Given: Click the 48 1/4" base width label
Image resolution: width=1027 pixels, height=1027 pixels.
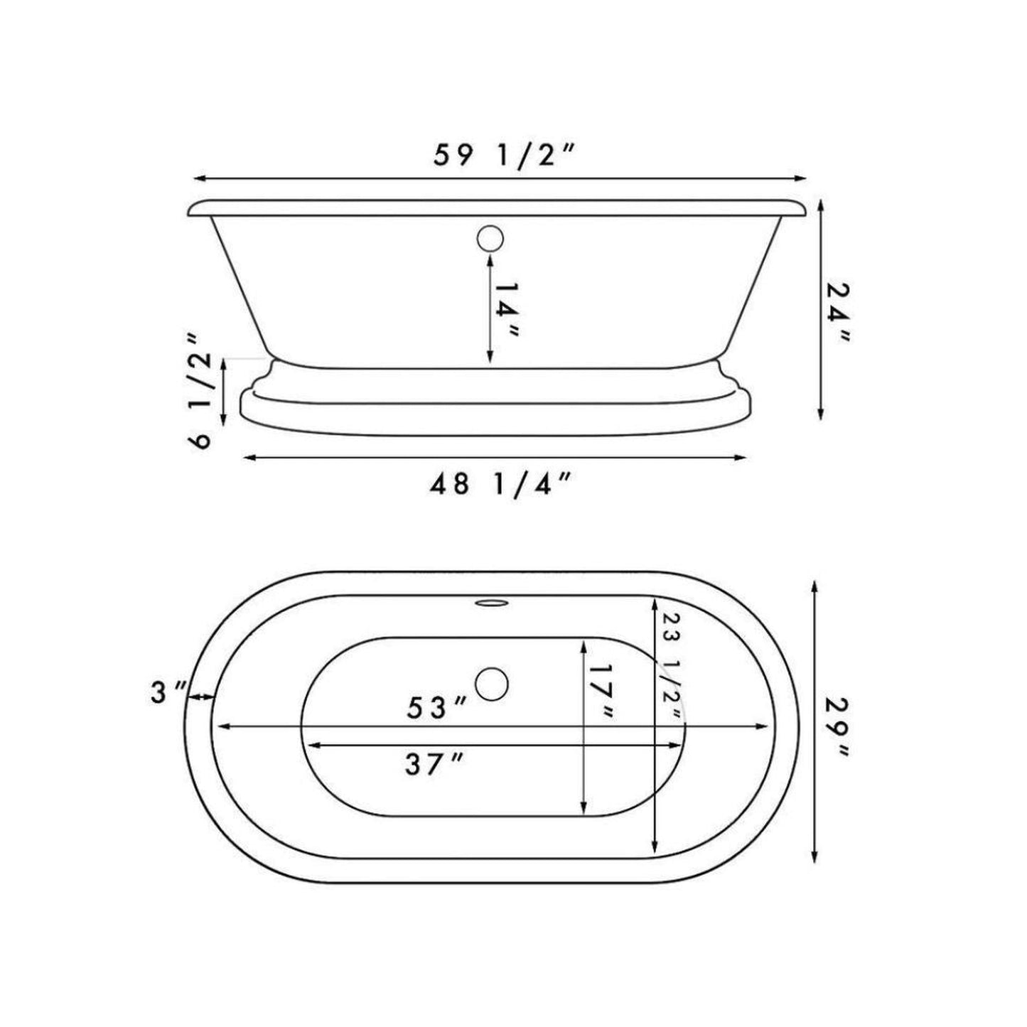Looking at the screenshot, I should pos(500,484).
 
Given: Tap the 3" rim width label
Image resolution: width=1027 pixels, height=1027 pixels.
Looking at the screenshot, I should pos(169,692).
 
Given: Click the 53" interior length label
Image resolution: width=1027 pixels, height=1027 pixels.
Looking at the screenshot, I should pos(436,707).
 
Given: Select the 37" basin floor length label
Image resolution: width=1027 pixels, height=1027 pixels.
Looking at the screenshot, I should pos(435,765).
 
